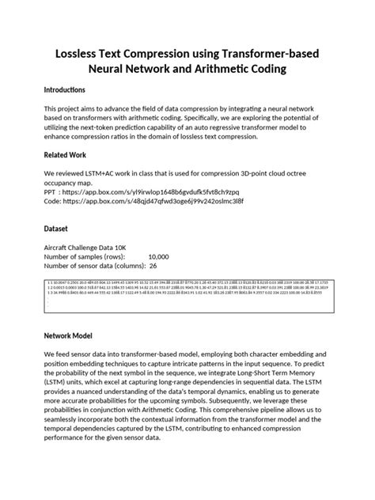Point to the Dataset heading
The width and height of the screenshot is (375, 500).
pyautogui.click(x=58, y=228)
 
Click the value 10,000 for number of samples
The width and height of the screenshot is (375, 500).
pyautogui.click(x=158, y=256)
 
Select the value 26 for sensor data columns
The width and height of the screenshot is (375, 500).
pyautogui.click(x=153, y=267)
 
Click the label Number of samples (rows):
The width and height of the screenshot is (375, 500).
pyautogui.click(x=85, y=256)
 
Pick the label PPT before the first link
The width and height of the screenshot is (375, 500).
pyautogui.click(x=51, y=191)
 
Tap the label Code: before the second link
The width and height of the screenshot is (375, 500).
pyautogui.click(x=54, y=201)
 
